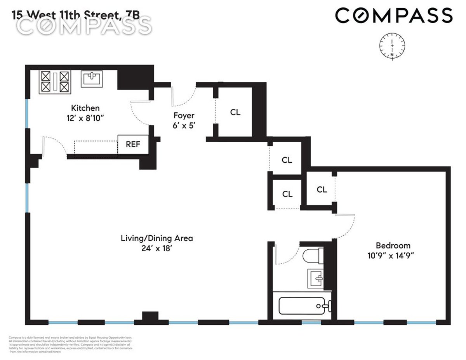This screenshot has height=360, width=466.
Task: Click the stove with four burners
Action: (x=54, y=81)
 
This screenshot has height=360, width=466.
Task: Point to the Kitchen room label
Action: (x=85, y=108)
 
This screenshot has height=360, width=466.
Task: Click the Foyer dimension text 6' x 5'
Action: (x=184, y=125)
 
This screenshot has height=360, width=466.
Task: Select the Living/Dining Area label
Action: (x=156, y=238)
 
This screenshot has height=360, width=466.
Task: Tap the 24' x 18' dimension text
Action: (x=156, y=248)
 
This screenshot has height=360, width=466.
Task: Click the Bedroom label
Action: (x=393, y=245)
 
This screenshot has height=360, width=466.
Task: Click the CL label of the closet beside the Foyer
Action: (x=235, y=112)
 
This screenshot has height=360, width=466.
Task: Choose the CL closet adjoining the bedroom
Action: (x=322, y=190)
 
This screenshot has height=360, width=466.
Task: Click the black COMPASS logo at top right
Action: (x=394, y=16)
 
